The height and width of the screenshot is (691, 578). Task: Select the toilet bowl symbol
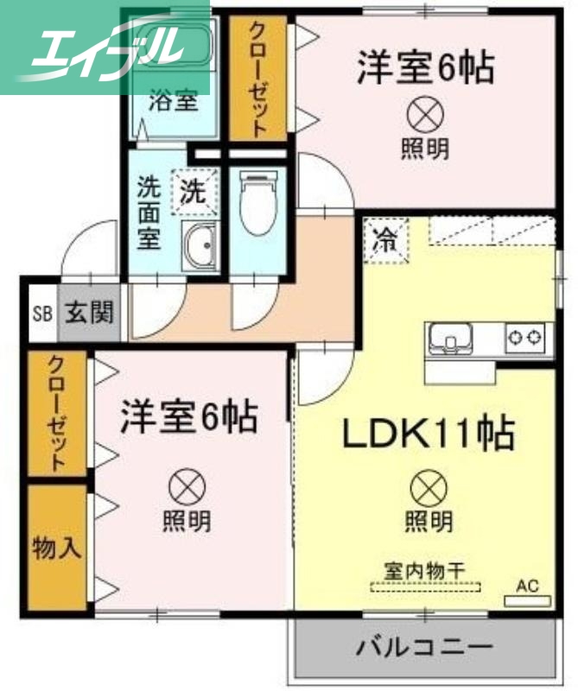click(x=257, y=202)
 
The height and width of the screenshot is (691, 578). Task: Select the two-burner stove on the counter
click(x=527, y=336)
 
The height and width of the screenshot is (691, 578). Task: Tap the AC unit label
click(x=527, y=588)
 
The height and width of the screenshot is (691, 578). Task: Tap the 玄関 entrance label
click(x=90, y=313)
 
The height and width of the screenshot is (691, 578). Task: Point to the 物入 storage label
click(x=57, y=547)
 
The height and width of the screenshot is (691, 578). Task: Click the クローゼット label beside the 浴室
click(x=257, y=78)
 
